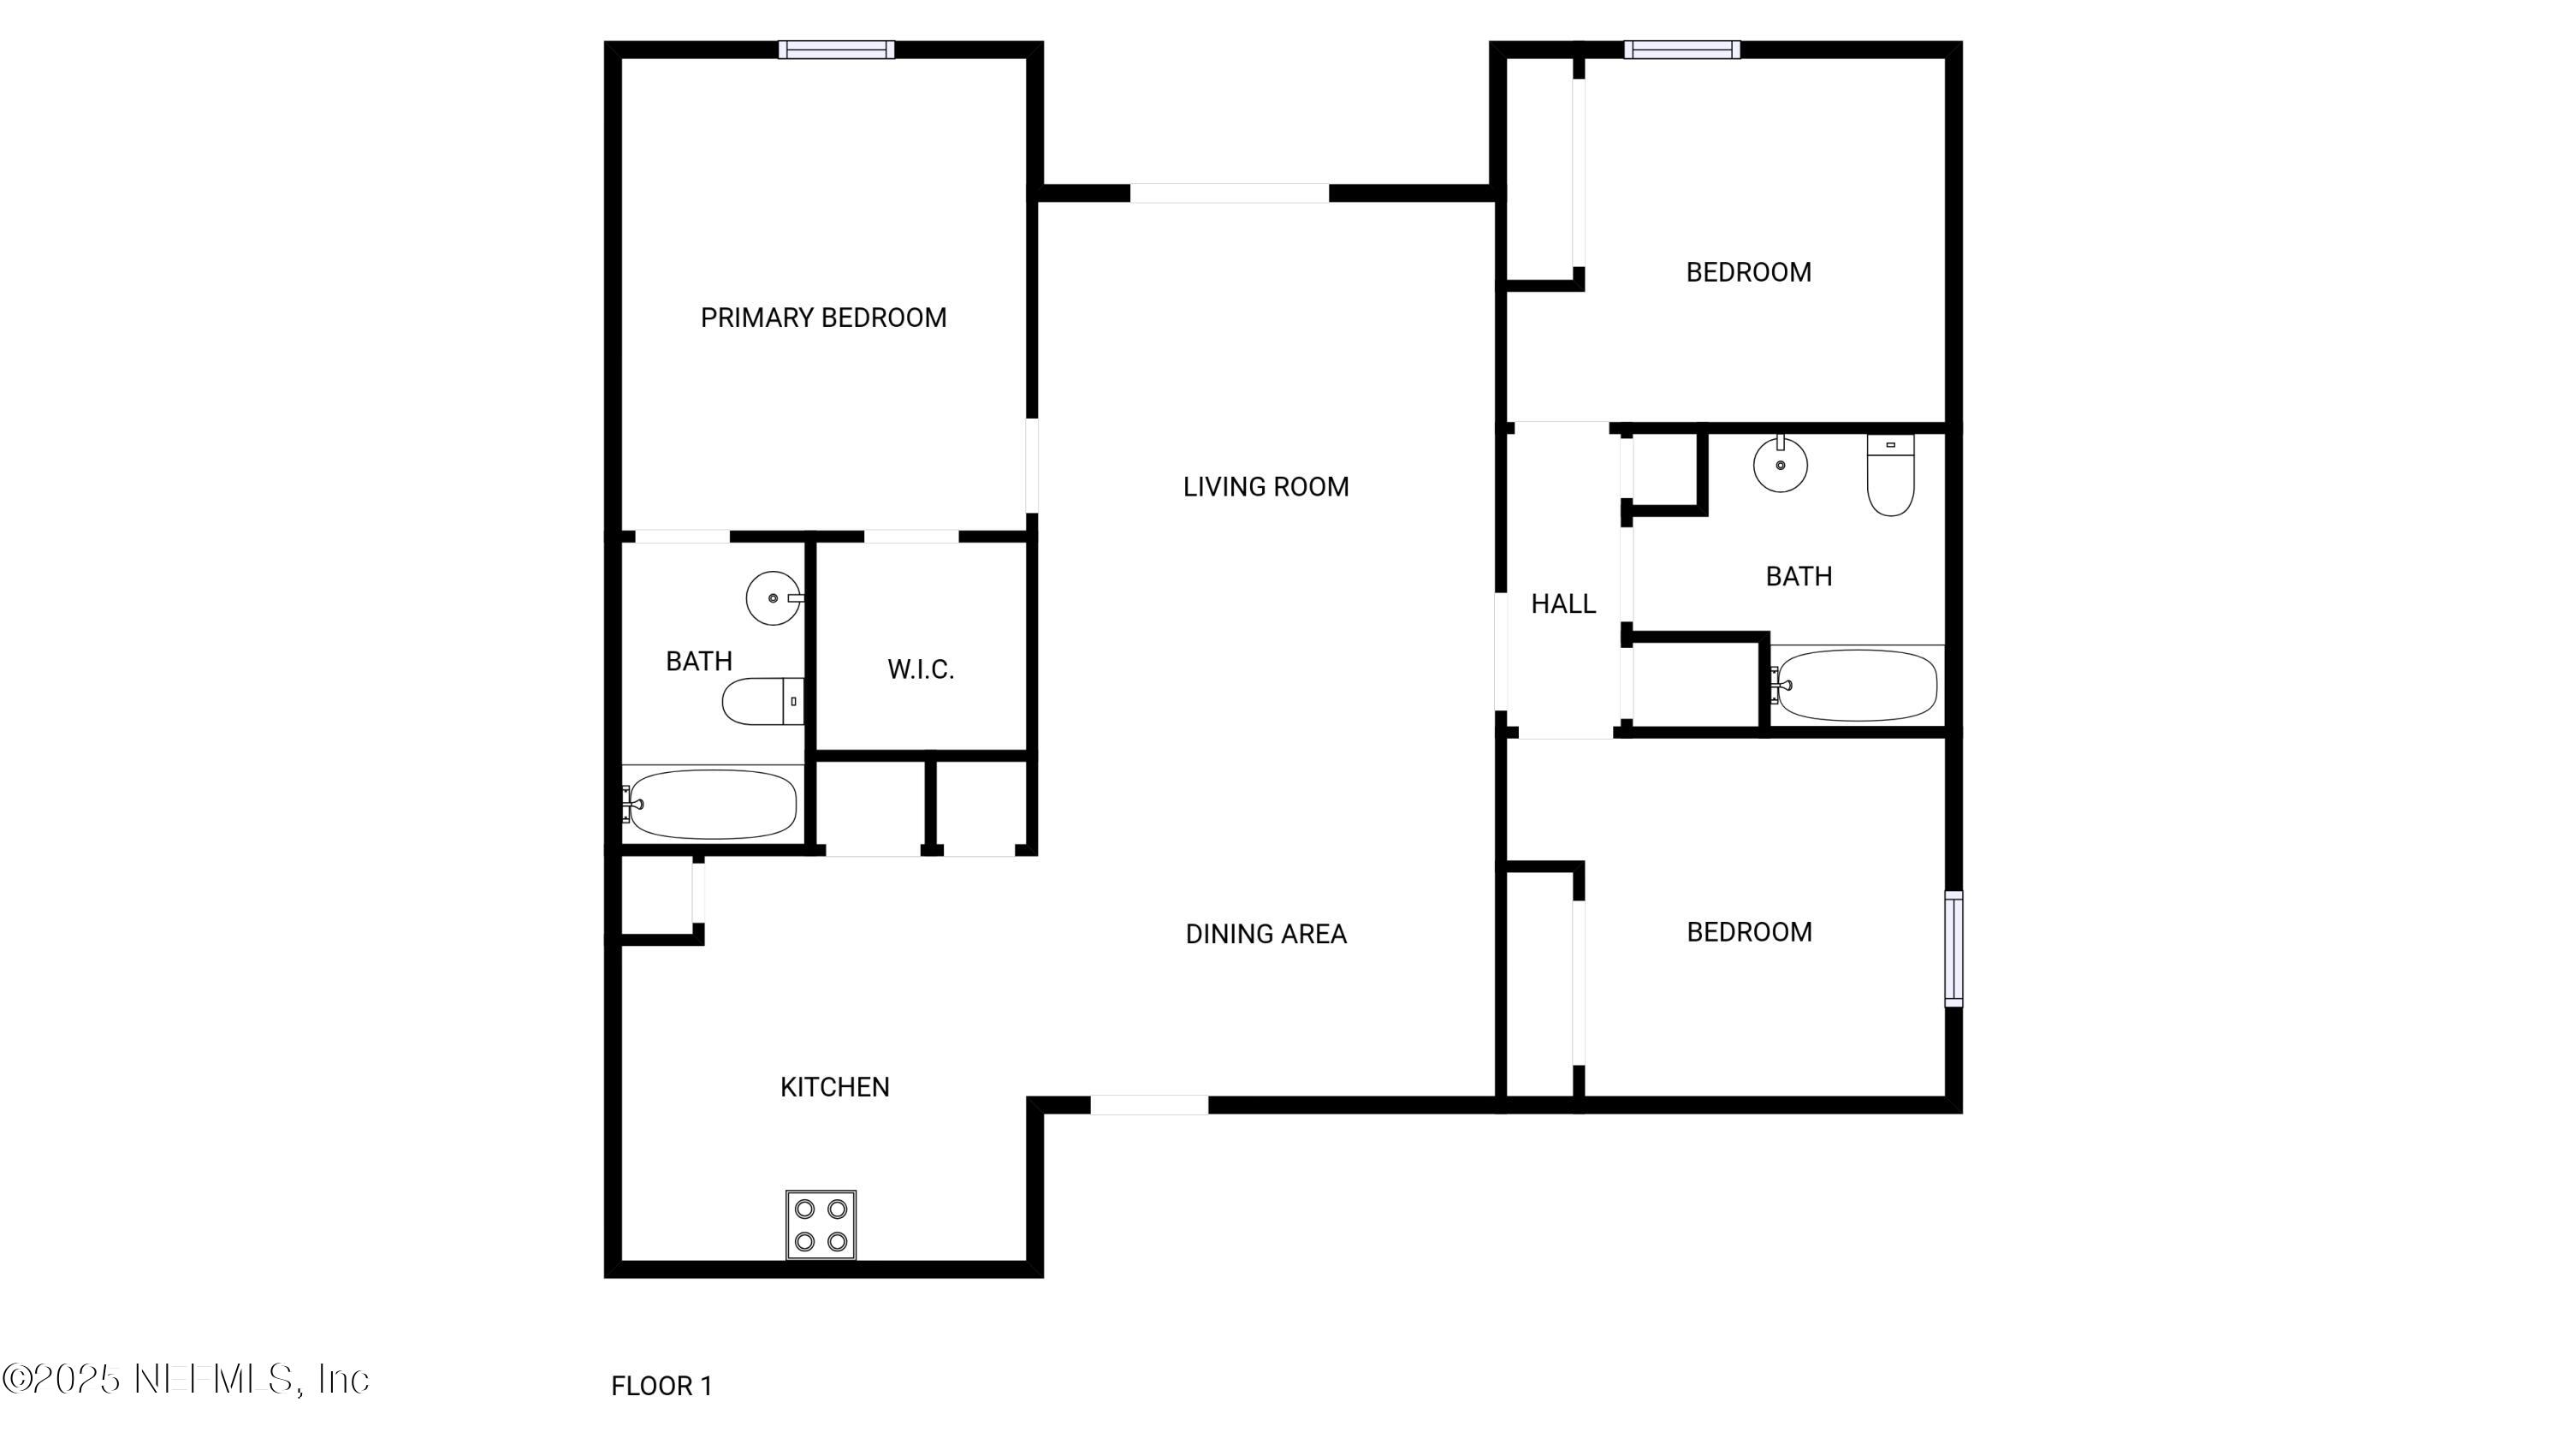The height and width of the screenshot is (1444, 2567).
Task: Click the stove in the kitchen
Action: pos(820,1224)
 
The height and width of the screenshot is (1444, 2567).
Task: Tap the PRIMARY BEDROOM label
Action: pos(823,318)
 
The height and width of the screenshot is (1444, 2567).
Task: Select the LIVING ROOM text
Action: pos(1266,487)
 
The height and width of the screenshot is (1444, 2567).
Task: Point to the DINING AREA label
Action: pos(1266,934)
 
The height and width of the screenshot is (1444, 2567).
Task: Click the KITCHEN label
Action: pos(834,1087)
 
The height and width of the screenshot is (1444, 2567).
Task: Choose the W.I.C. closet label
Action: pos(921,669)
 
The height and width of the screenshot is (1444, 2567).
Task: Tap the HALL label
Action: pos(1562,604)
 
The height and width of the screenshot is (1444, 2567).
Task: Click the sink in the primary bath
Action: pos(774,598)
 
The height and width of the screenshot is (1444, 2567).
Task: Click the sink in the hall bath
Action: pos(1780,465)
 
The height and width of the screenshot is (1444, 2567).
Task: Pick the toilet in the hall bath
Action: pos(1889,478)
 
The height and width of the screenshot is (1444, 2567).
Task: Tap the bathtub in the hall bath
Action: pos(1855,686)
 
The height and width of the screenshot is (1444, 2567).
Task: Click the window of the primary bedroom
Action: pos(836,50)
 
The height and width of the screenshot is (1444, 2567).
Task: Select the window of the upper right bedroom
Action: pos(1681,50)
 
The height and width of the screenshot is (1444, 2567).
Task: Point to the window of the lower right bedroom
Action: pos(1953,948)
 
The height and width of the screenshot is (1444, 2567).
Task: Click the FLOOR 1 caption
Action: pos(661,1386)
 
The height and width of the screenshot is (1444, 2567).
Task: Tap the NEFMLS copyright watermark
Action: pos(187,1379)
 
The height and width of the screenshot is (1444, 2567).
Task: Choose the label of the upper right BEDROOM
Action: pos(1748,272)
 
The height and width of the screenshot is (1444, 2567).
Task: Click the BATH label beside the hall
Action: pos(1798,576)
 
